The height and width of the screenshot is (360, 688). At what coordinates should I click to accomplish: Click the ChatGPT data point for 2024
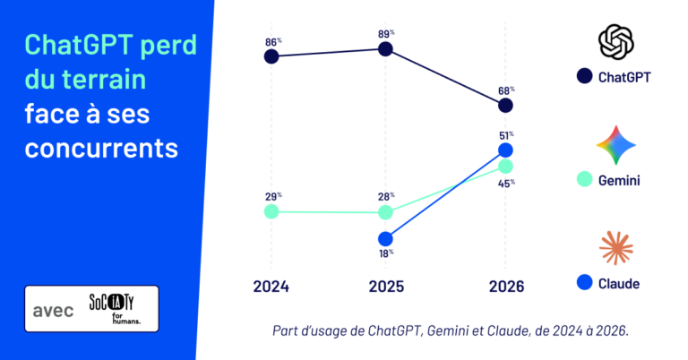271,56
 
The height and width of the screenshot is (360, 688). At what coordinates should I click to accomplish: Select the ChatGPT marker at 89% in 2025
385,49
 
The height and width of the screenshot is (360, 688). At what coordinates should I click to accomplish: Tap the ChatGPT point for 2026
505,106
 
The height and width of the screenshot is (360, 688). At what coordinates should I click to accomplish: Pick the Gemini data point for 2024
271,211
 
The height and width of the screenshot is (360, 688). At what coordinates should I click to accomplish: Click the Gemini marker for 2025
385,212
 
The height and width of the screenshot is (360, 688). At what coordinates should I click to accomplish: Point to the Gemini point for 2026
505,167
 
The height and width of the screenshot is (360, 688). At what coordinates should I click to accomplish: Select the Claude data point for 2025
385,239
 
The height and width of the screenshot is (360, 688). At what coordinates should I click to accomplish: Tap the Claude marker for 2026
505,150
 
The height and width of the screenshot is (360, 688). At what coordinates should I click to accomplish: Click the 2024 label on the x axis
271,287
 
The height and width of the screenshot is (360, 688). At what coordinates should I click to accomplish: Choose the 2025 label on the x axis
386,287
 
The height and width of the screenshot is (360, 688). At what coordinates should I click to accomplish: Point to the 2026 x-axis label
506,287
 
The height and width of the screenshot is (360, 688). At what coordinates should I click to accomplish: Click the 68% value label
506,90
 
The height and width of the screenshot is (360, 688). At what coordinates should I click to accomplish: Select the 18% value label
386,253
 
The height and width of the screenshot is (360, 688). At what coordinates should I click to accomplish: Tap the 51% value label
506,135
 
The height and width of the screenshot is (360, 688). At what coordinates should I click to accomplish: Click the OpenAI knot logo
616,42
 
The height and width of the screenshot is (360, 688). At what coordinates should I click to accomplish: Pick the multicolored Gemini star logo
616,145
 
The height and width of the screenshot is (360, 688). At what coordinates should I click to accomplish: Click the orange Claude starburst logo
616,248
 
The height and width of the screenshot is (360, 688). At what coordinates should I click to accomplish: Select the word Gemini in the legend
619,180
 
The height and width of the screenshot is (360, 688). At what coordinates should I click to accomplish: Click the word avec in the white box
53,311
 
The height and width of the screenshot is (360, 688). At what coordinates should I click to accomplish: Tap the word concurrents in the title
101,149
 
